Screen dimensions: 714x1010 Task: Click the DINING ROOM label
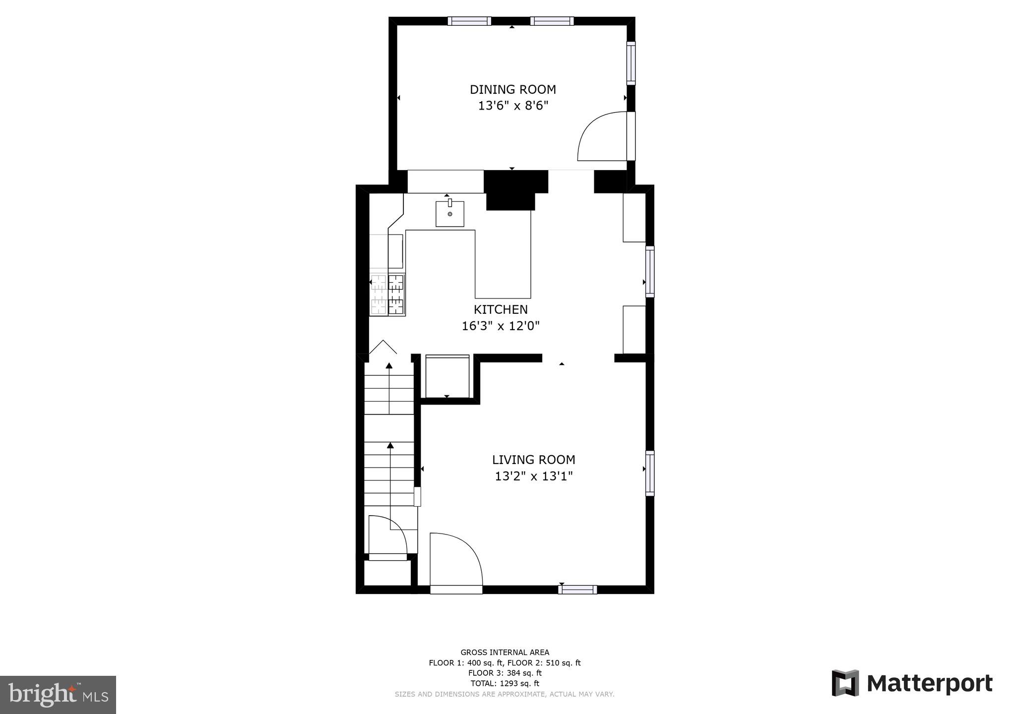tap(512, 90)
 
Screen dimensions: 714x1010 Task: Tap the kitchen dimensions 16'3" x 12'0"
tap(501, 326)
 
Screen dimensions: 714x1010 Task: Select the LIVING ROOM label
tap(533, 460)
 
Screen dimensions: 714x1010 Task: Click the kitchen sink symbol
tap(449, 214)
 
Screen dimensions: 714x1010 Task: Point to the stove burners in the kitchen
tap(388, 295)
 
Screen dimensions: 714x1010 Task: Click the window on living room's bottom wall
tap(577, 590)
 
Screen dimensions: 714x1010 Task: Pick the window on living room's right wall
tap(649, 473)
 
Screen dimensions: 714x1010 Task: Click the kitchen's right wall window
tap(649, 271)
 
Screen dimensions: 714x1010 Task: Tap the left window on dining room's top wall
tap(469, 21)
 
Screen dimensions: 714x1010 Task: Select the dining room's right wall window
tap(631, 62)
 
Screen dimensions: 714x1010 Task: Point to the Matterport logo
tap(912, 683)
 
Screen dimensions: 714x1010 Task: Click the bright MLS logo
tap(58, 695)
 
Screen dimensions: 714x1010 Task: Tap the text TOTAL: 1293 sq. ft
tap(505, 683)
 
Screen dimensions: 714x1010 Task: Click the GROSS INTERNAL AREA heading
tap(505, 653)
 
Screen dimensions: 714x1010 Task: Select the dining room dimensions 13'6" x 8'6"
tap(513, 106)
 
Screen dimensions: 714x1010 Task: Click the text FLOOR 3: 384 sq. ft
tap(505, 673)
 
